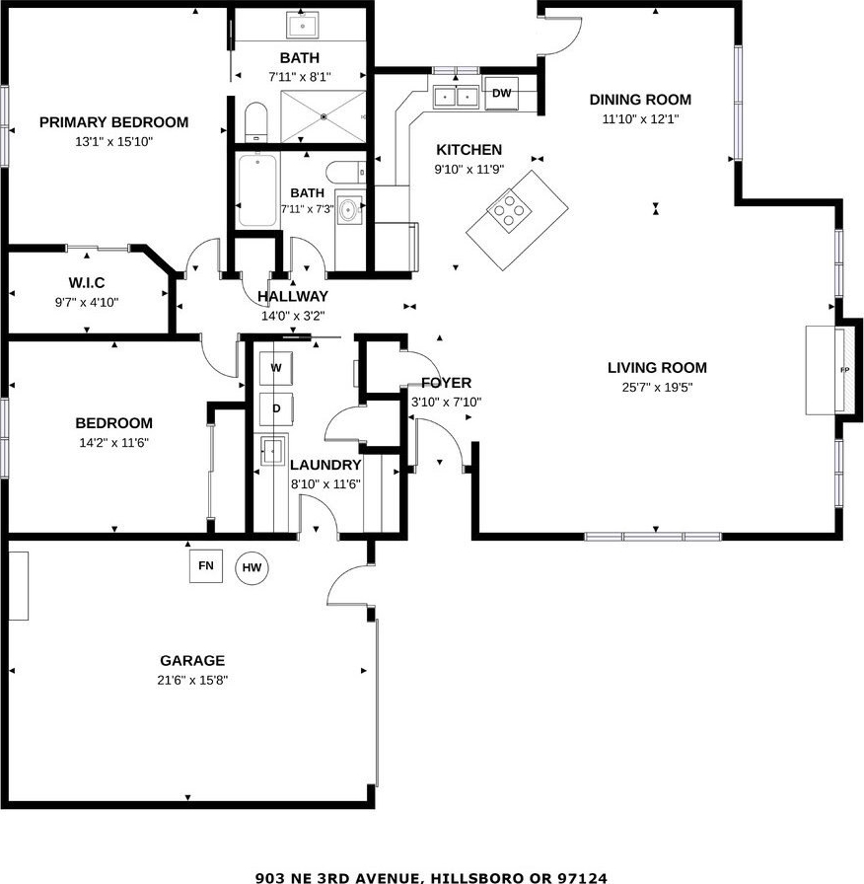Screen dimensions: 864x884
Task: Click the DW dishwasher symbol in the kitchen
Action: pyautogui.click(x=501, y=93)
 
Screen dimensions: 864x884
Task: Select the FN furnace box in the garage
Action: pyautogui.click(x=206, y=565)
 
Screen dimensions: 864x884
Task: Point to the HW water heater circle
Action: pyautogui.click(x=252, y=567)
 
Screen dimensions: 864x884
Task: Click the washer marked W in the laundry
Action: pyautogui.click(x=275, y=368)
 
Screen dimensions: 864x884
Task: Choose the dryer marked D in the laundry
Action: pyautogui.click(x=275, y=408)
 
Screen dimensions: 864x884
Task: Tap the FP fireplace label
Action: pyautogui.click(x=844, y=370)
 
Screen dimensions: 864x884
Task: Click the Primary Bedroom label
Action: pyautogui.click(x=113, y=122)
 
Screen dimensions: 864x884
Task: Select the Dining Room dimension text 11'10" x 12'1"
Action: pyautogui.click(x=640, y=119)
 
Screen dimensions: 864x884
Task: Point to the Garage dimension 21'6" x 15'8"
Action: pyautogui.click(x=192, y=680)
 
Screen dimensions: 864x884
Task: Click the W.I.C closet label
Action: pyautogui.click(x=87, y=282)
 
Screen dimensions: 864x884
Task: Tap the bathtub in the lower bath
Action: pyautogui.click(x=257, y=190)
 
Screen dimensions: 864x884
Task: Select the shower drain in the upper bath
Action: pyautogui.click(x=324, y=116)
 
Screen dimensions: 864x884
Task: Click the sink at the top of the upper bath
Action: pyautogui.click(x=302, y=25)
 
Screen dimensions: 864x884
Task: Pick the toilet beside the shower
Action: pyautogui.click(x=255, y=122)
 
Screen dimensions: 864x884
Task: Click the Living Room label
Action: pyautogui.click(x=657, y=368)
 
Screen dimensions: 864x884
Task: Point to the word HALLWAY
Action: pyautogui.click(x=293, y=297)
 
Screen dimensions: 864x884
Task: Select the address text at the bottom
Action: pyautogui.click(x=431, y=878)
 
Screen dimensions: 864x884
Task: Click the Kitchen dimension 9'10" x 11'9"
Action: pyautogui.click(x=468, y=169)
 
